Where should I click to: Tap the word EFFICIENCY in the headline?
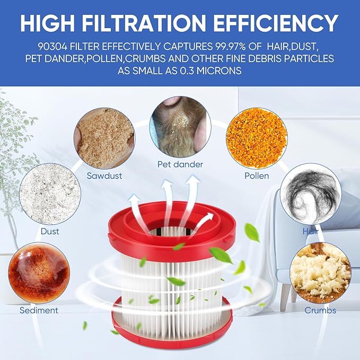point(276,23)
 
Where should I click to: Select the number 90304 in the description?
point(53,47)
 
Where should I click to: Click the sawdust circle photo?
point(104,138)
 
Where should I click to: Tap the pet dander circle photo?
point(180,127)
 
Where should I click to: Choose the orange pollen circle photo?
point(257,138)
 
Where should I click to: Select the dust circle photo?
point(50,194)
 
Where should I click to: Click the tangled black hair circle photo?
point(311,194)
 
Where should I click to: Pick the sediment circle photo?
point(39,273)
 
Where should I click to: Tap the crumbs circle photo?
point(321,273)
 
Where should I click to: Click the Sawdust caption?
point(104,176)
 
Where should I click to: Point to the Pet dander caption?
point(180,164)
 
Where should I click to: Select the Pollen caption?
point(257,176)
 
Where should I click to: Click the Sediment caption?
point(39,310)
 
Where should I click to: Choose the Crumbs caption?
point(320,310)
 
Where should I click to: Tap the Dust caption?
point(50,231)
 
